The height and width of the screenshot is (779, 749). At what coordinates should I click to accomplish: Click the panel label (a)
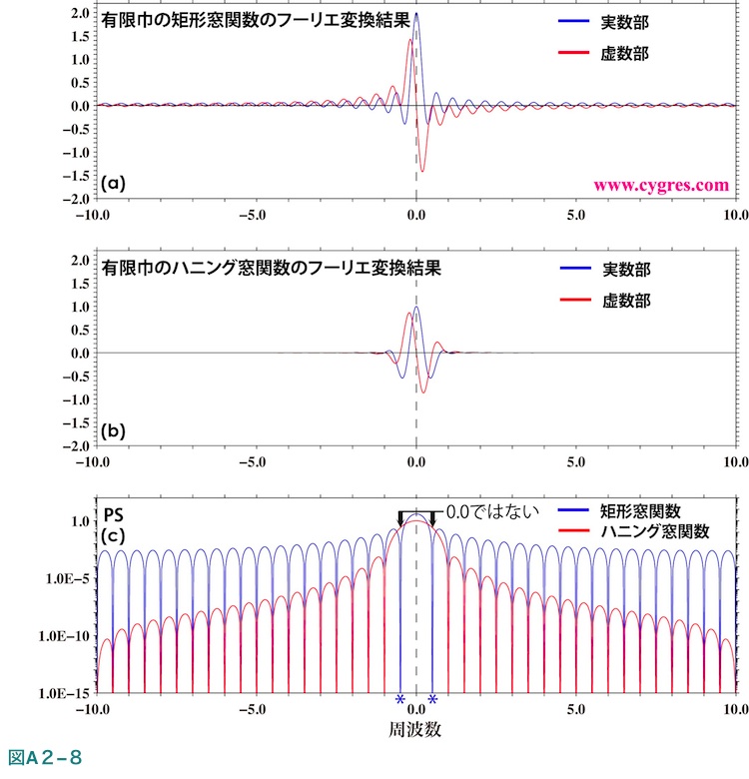tap(114, 183)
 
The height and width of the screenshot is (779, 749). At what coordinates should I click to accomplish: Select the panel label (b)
tap(114, 431)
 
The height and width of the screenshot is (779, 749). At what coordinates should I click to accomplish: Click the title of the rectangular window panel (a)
tap(256, 20)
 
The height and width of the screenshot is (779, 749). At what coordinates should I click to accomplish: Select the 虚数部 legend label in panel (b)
tap(627, 300)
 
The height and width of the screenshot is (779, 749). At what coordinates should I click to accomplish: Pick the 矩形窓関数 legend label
tap(641, 510)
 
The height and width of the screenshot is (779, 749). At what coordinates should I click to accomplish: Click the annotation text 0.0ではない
tap(491, 511)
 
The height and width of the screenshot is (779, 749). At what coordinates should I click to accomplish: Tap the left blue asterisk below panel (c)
tap(400, 699)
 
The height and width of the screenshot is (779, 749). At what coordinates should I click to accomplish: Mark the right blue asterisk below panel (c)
tap(432, 699)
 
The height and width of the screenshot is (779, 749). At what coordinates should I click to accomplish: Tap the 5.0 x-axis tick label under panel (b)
tap(575, 463)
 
